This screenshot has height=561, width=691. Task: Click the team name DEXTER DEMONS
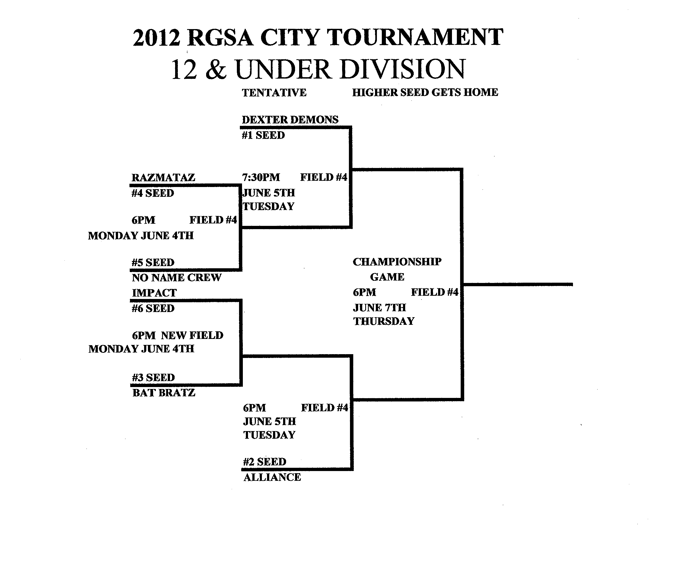(x=290, y=120)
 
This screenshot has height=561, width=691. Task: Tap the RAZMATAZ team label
(x=163, y=178)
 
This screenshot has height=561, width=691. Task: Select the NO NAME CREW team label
(x=176, y=278)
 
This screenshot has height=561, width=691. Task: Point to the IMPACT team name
(x=154, y=293)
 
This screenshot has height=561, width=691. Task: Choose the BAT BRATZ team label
(x=164, y=393)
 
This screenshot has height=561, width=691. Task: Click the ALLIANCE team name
(x=272, y=477)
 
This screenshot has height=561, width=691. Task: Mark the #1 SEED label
(x=263, y=135)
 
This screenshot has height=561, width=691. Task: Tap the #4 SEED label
(x=153, y=193)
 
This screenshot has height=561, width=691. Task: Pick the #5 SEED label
(x=153, y=262)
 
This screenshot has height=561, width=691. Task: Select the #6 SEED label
(x=153, y=308)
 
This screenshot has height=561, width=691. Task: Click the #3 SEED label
(x=153, y=378)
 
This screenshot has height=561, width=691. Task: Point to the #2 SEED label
(x=265, y=462)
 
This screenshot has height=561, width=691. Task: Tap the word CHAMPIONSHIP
(x=397, y=262)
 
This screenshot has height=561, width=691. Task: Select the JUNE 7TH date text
(x=379, y=308)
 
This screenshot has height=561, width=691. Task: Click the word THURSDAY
(x=384, y=321)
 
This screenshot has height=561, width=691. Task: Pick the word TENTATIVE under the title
(x=274, y=93)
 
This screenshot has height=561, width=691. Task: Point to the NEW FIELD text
(x=192, y=335)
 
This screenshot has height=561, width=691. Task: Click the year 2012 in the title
(x=156, y=38)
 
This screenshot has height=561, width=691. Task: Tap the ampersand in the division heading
(x=216, y=70)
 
